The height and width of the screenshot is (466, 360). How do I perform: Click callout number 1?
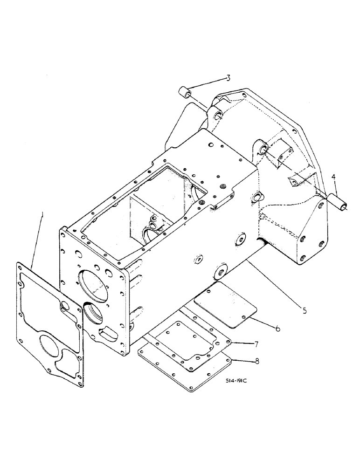[x=42, y=215]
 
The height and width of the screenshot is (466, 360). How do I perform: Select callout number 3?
[x=228, y=77]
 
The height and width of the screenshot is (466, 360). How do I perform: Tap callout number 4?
[x=333, y=178]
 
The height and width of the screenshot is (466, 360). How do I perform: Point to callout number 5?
[x=304, y=309]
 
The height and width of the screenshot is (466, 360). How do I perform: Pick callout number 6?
[x=277, y=329]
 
